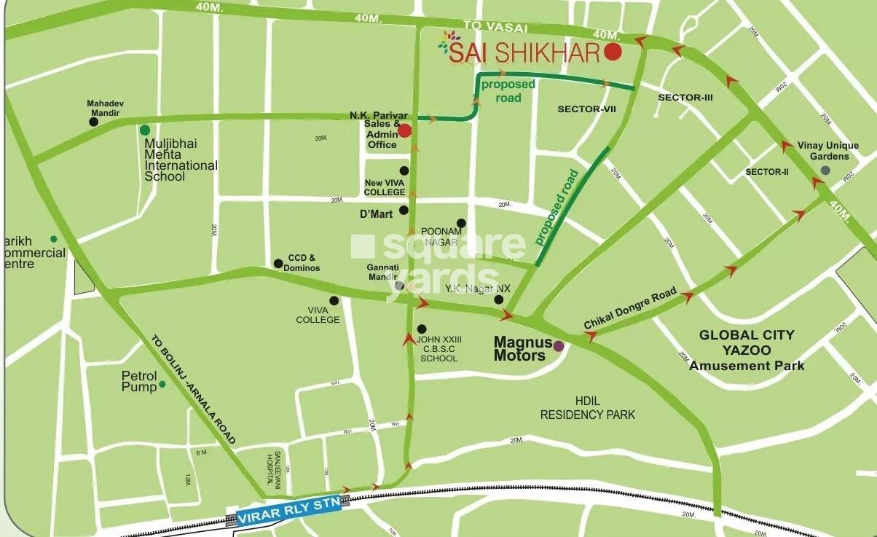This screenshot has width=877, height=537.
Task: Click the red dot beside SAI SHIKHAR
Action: tap(613, 52)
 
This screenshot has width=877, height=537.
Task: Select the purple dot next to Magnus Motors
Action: tap(559, 346)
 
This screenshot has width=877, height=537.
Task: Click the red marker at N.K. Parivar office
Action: tap(405, 130)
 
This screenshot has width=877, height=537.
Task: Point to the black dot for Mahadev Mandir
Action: tap(94, 122)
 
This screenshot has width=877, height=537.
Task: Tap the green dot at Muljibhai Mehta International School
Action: tap(145, 130)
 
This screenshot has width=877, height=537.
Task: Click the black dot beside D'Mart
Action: tap(404, 211)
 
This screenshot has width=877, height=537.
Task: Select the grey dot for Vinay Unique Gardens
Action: tap(825, 170)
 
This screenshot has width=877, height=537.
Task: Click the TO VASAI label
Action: tap(484, 26)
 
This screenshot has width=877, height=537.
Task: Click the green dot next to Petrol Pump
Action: tap(162, 384)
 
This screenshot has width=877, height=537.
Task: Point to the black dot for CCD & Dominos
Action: tap(278, 263)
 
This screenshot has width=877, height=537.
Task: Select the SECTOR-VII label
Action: tap(586, 109)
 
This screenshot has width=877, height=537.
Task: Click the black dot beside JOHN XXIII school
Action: tap(421, 329)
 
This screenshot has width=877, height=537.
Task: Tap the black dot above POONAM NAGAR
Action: tap(460, 223)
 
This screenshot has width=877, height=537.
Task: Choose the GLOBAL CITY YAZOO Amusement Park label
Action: tap(747, 350)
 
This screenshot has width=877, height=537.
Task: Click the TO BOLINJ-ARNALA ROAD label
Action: tap(194, 390)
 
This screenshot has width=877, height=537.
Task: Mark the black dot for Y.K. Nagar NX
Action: tap(499, 299)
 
